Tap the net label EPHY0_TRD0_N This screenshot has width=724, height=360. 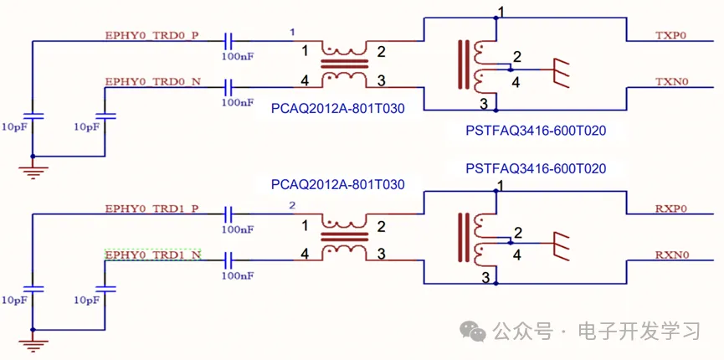click(152, 82)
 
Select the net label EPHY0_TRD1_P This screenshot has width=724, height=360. click(152, 208)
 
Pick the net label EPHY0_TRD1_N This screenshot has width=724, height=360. click(152, 254)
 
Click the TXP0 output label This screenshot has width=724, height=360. click(670, 36)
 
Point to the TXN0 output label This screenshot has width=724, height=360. click(670, 82)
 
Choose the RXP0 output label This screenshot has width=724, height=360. click(670, 208)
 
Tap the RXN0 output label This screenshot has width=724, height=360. click(670, 255)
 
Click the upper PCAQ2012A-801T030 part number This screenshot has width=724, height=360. click(338, 109)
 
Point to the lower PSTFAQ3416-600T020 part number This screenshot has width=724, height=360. click(536, 168)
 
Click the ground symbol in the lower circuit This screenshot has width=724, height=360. click(33, 342)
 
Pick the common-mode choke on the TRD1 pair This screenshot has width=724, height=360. click(344, 238)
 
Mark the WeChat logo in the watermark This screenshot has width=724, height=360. click(475, 331)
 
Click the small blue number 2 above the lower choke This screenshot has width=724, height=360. click(292, 205)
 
